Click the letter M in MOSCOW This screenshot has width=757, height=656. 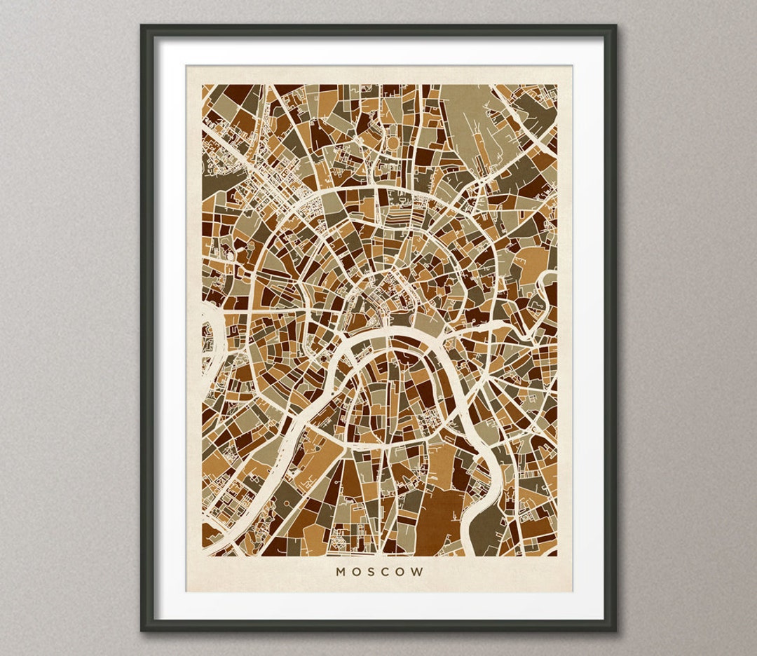tap(341, 572)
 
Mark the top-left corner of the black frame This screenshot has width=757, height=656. tap(142, 26)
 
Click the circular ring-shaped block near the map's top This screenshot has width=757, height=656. tap(393, 143)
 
